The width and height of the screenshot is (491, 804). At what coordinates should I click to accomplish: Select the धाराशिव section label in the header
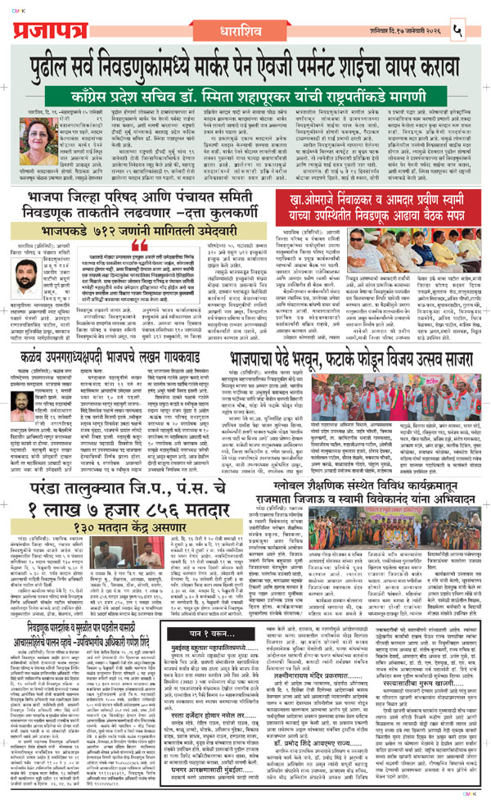point(245,13)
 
